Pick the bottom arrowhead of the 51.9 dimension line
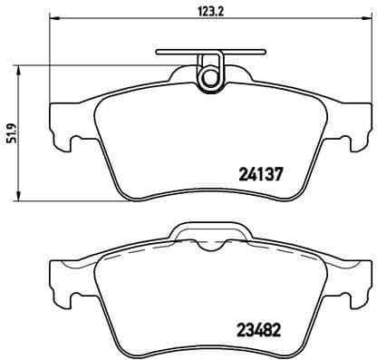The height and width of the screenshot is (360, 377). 21,198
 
